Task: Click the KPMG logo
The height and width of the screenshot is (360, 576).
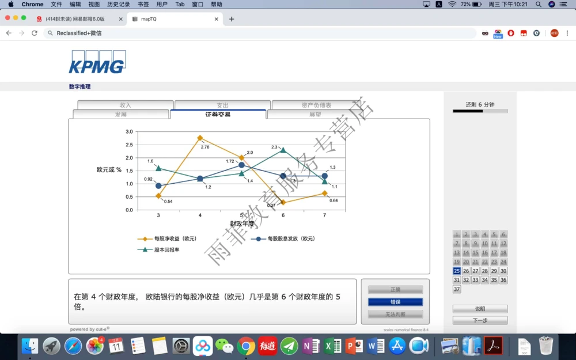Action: point(97,62)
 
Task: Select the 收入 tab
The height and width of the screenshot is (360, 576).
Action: point(125,105)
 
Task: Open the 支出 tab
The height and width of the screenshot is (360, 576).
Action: point(222,105)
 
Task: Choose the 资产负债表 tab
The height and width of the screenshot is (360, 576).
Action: point(316,105)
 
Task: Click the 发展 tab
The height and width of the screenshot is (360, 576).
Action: point(120,115)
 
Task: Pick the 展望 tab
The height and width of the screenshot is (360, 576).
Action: point(315,115)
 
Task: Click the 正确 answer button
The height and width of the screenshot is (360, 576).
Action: point(395,290)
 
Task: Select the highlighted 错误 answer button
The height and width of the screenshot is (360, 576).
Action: point(395,302)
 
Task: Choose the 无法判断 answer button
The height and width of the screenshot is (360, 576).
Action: point(395,314)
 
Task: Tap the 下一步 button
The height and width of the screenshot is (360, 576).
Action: point(480,320)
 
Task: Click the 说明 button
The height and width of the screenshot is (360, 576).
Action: point(480,309)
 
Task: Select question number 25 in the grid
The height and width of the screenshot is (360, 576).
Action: point(457,271)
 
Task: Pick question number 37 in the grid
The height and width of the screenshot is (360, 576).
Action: point(457,289)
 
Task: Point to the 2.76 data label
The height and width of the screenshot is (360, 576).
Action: point(204,147)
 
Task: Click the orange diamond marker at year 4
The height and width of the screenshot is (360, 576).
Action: point(200,138)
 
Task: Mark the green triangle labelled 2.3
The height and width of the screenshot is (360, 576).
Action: point(283,150)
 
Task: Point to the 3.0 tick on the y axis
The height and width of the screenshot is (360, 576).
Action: point(129,132)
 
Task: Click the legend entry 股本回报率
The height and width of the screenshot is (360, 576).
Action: point(166,250)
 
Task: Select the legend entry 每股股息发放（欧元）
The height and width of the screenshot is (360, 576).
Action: point(291,238)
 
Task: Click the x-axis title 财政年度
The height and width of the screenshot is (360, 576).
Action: point(242,223)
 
